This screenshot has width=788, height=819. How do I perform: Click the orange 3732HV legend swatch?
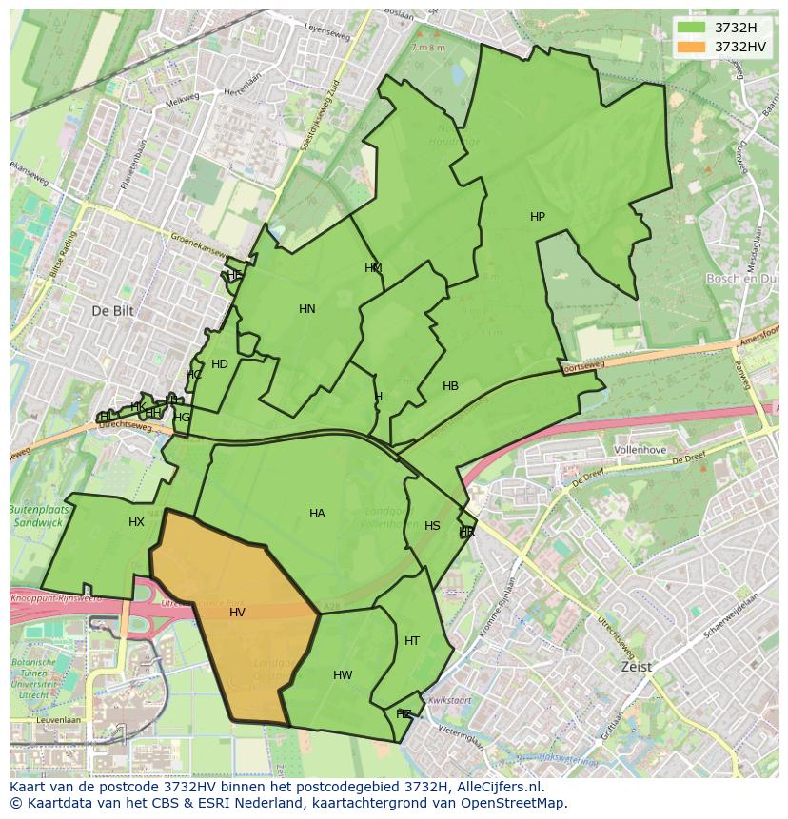point(692,47)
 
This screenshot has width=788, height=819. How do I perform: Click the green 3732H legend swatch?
point(692,27)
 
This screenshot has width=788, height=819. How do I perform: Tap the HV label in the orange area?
point(237,613)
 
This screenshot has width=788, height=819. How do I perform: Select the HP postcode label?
point(538,217)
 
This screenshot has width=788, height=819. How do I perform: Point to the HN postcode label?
point(306,309)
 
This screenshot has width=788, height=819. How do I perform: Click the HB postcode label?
point(450,386)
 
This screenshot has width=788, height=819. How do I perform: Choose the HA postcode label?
point(317,514)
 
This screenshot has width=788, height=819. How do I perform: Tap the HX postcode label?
point(136,522)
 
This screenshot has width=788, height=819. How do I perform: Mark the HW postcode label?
point(343,675)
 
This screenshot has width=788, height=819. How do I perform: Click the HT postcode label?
point(411,641)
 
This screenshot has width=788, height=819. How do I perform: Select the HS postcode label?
point(432,526)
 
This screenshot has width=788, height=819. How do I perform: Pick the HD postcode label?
point(220,364)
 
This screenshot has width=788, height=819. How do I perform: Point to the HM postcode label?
point(373,268)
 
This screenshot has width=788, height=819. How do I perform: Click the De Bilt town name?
point(114,311)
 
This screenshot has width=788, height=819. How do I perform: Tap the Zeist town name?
point(636,667)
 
